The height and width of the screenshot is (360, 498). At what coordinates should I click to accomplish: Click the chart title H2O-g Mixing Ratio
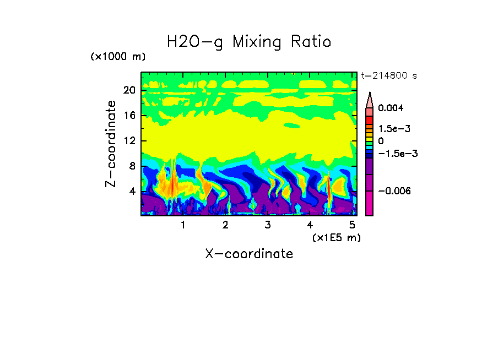(249, 42)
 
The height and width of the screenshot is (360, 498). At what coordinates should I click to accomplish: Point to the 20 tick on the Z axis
(129, 90)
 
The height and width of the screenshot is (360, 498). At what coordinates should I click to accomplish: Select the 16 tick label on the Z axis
(129, 116)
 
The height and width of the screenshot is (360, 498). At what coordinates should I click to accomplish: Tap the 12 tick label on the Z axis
(129, 141)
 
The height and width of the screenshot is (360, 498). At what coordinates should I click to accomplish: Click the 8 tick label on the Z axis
(132, 166)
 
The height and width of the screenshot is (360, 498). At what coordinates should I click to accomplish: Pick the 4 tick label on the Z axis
(132, 192)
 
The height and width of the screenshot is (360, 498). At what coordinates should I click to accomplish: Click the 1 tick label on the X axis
(183, 225)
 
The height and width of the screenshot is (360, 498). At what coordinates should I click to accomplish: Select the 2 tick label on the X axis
(225, 225)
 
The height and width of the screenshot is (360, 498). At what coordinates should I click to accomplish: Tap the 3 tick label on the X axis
(267, 225)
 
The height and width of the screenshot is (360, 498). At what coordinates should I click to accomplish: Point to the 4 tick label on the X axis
(310, 225)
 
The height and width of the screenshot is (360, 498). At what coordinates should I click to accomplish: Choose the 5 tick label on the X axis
(351, 225)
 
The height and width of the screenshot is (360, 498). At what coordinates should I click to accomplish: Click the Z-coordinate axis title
(111, 144)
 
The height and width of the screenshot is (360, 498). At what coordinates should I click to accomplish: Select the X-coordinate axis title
(249, 254)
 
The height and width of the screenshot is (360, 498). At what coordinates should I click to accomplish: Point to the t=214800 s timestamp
(388, 76)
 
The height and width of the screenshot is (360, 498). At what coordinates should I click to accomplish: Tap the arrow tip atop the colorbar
(370, 94)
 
